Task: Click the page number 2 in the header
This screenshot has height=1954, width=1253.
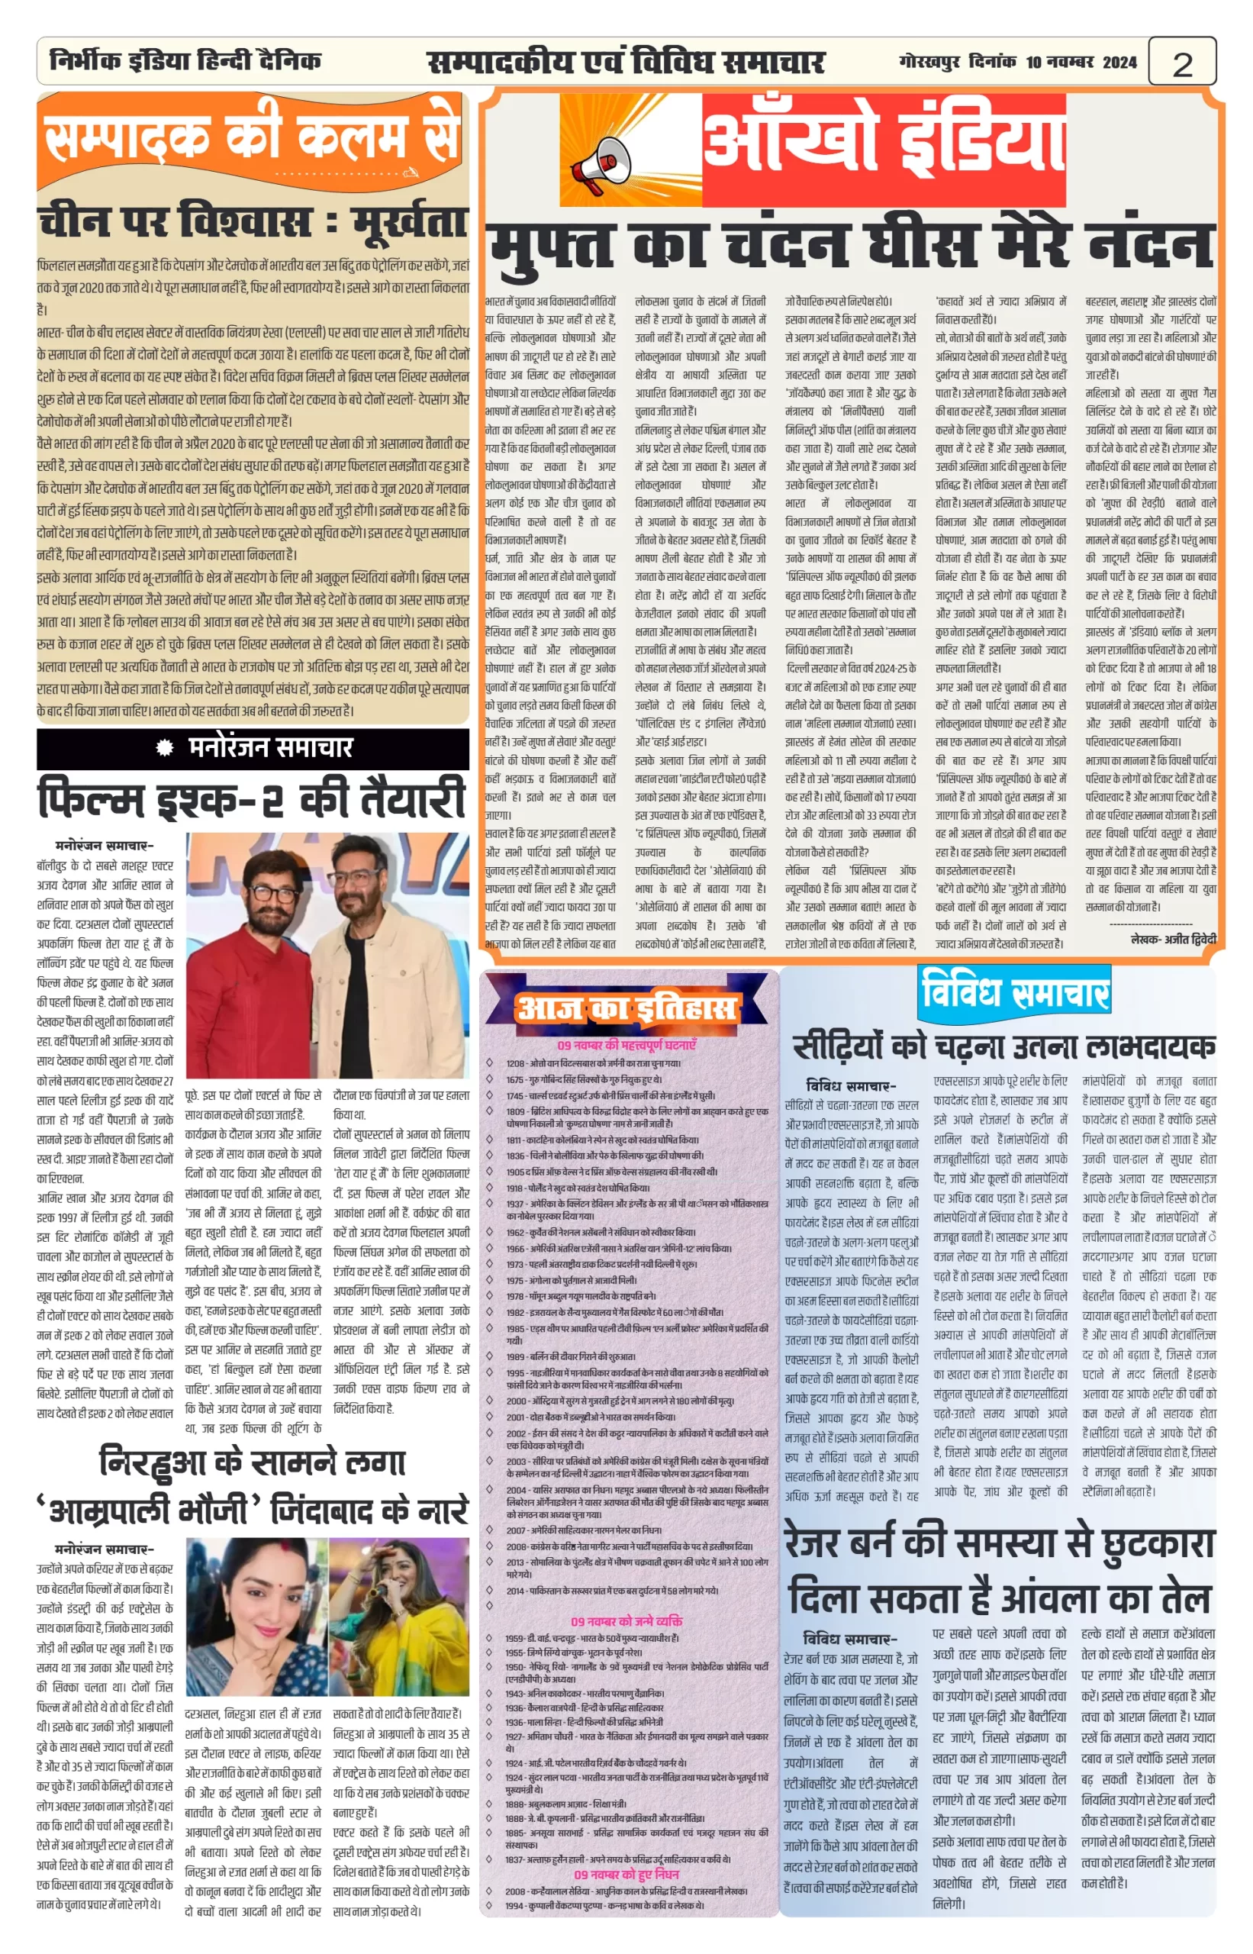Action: tap(1182, 63)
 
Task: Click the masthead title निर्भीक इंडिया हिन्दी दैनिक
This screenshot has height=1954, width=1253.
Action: tap(185, 60)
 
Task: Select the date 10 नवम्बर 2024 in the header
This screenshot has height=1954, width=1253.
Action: tap(1081, 62)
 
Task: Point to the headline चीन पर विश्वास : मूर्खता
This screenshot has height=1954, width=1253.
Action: tap(253, 222)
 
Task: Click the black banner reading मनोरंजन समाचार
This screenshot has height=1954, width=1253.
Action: tap(253, 747)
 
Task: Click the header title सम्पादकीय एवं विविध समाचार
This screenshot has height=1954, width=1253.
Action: tap(626, 62)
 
